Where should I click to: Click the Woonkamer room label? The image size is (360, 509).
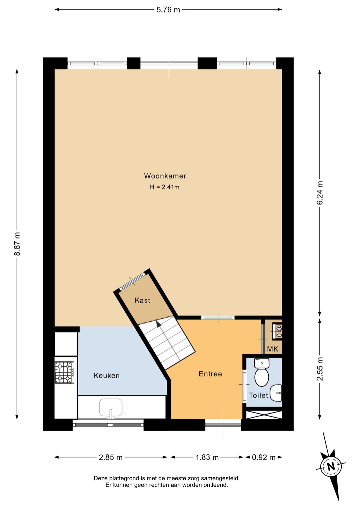pyautogui.click(x=165, y=176)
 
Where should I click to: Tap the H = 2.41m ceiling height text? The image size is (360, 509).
pyautogui.click(x=165, y=187)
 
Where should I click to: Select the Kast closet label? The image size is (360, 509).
pyautogui.click(x=142, y=300)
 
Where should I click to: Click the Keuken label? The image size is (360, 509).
pyautogui.click(x=107, y=376)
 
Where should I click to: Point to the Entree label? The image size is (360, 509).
pyautogui.click(x=210, y=374)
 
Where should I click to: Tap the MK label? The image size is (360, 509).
pyautogui.click(x=273, y=349)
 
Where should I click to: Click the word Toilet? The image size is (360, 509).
pyautogui.click(x=258, y=395)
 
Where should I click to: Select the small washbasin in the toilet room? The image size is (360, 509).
pyautogui.click(x=276, y=393)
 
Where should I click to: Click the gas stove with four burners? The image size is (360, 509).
pyautogui.click(x=64, y=372)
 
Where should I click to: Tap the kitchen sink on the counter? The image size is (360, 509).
pyautogui.click(x=111, y=408)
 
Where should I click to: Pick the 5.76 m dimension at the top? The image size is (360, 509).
pyautogui.click(x=168, y=10)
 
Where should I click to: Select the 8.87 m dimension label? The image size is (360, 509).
pyautogui.click(x=17, y=244)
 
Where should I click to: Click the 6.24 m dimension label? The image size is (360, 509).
pyautogui.click(x=320, y=193)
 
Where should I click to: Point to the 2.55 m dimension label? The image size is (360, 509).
pyautogui.click(x=320, y=369)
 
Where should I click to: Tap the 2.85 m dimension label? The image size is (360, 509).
pyautogui.click(x=111, y=457)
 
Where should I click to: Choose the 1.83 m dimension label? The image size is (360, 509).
pyautogui.click(x=207, y=457)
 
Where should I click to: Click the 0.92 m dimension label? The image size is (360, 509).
pyautogui.click(x=264, y=457)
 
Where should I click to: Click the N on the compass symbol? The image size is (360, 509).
pyautogui.click(x=331, y=466)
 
